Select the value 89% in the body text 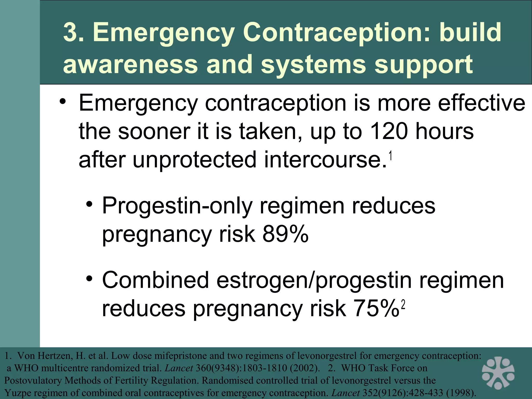(285, 234)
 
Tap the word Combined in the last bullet (155, 280)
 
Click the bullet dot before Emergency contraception (62, 102)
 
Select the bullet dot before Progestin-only (89, 204)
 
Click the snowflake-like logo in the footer (498, 373)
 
